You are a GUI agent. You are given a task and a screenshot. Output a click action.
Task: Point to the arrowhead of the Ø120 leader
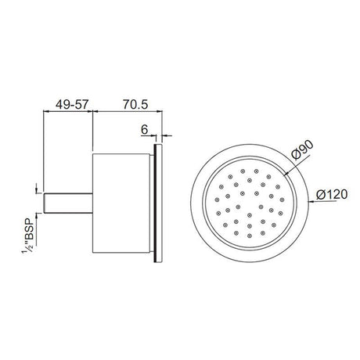point(314,203)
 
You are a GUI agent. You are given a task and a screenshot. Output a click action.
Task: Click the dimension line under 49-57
point(66,112)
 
